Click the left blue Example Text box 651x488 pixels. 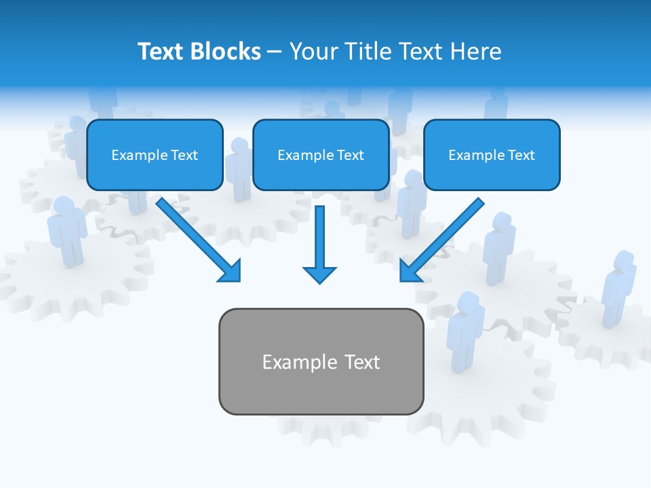[x=155, y=155]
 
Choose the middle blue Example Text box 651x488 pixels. [x=321, y=155]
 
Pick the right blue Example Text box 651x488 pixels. [x=492, y=155]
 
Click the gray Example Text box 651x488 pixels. [x=321, y=361]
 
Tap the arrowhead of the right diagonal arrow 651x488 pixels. [x=408, y=272]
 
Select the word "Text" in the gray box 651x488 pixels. [x=363, y=362]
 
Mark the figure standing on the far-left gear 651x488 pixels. [x=66, y=230]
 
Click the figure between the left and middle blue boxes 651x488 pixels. [x=238, y=169]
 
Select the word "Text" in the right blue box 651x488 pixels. [x=521, y=155]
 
